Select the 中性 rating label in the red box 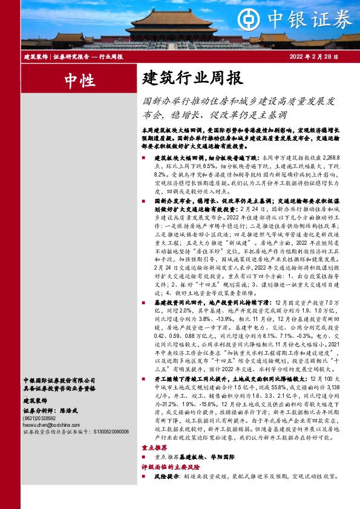point(79,79)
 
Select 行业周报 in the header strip point(111,56)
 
